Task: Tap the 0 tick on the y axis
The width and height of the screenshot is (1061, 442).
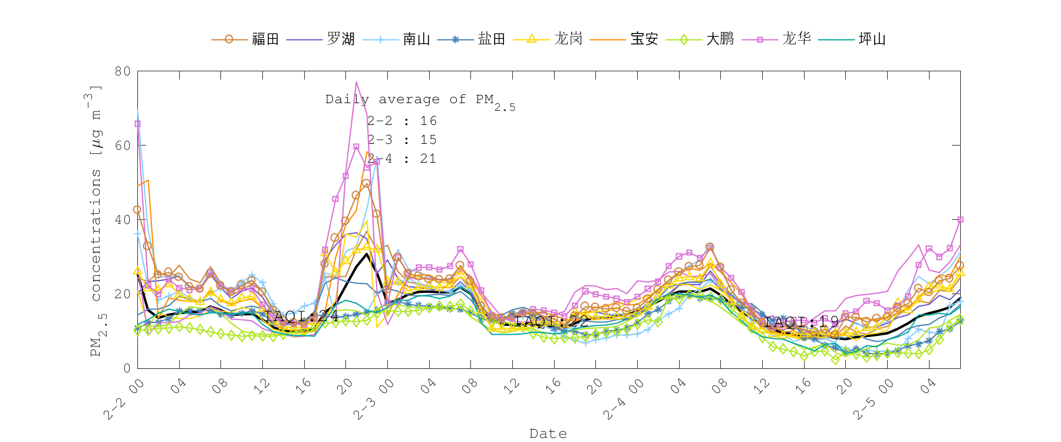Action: tap(127, 368)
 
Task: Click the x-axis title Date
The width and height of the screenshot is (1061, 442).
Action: tap(548, 434)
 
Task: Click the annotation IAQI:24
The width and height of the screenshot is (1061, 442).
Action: tap(302, 316)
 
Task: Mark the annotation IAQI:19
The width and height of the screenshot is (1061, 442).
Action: tap(800, 322)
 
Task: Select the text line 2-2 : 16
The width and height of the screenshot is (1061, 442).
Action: tap(402, 121)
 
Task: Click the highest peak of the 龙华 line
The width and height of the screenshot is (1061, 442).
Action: tap(356, 82)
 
